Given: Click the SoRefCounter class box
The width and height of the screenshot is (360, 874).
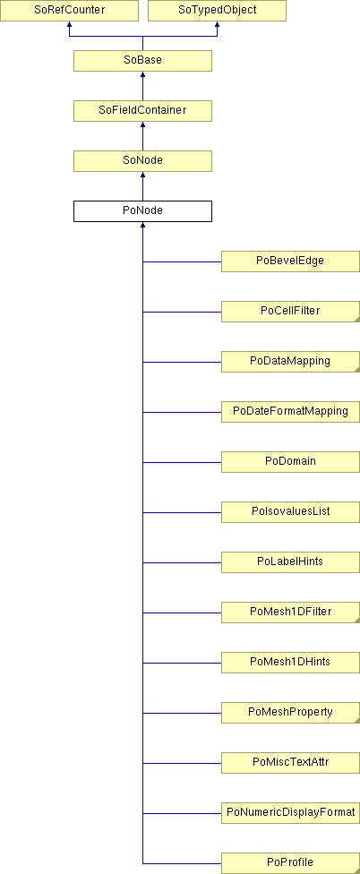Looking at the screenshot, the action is click(x=69, y=11).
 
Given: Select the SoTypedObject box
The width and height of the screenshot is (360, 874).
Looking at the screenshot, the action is click(x=217, y=11).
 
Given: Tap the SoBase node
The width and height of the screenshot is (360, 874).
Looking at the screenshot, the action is click(x=142, y=61).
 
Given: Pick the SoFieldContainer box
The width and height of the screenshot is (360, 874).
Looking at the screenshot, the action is click(x=142, y=111).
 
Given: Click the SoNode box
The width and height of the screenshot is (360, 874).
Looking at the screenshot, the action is click(x=142, y=161).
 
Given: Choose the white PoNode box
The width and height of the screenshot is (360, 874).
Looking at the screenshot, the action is click(x=142, y=211).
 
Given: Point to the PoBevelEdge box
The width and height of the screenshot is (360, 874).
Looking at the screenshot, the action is click(x=290, y=261).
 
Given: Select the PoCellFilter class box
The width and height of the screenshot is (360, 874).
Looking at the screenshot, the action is click(x=290, y=312).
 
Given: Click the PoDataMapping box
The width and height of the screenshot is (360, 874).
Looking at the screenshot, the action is click(x=290, y=362).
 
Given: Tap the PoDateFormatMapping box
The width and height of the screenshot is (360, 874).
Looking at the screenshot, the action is click(x=290, y=412).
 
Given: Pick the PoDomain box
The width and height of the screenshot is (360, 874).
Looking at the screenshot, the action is click(x=290, y=462).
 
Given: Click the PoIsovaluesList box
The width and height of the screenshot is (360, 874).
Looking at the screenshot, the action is click(x=290, y=512).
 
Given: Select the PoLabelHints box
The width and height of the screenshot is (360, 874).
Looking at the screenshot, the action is click(x=290, y=562).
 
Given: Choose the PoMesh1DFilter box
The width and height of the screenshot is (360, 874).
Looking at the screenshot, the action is click(x=290, y=613).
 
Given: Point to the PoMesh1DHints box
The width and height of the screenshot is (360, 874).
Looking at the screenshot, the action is click(x=290, y=663).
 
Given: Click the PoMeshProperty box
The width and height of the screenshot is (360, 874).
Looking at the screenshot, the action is click(x=290, y=713).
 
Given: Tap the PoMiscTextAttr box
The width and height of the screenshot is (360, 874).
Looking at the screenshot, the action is click(x=290, y=763).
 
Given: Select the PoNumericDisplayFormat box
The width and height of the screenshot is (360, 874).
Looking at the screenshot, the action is click(x=290, y=813).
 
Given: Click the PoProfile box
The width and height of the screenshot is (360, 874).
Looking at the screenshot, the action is click(x=290, y=863).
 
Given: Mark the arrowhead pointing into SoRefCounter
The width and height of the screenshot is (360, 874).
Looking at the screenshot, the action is click(x=69, y=24).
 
